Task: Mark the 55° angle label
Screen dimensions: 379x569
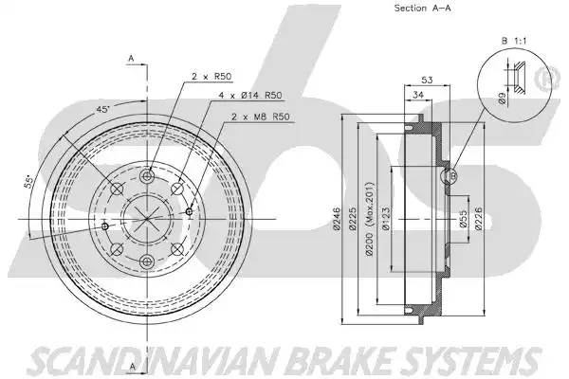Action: tap(29, 182)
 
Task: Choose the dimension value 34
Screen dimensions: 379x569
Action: tap(416, 97)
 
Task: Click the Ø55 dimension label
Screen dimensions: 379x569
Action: tap(463, 220)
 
